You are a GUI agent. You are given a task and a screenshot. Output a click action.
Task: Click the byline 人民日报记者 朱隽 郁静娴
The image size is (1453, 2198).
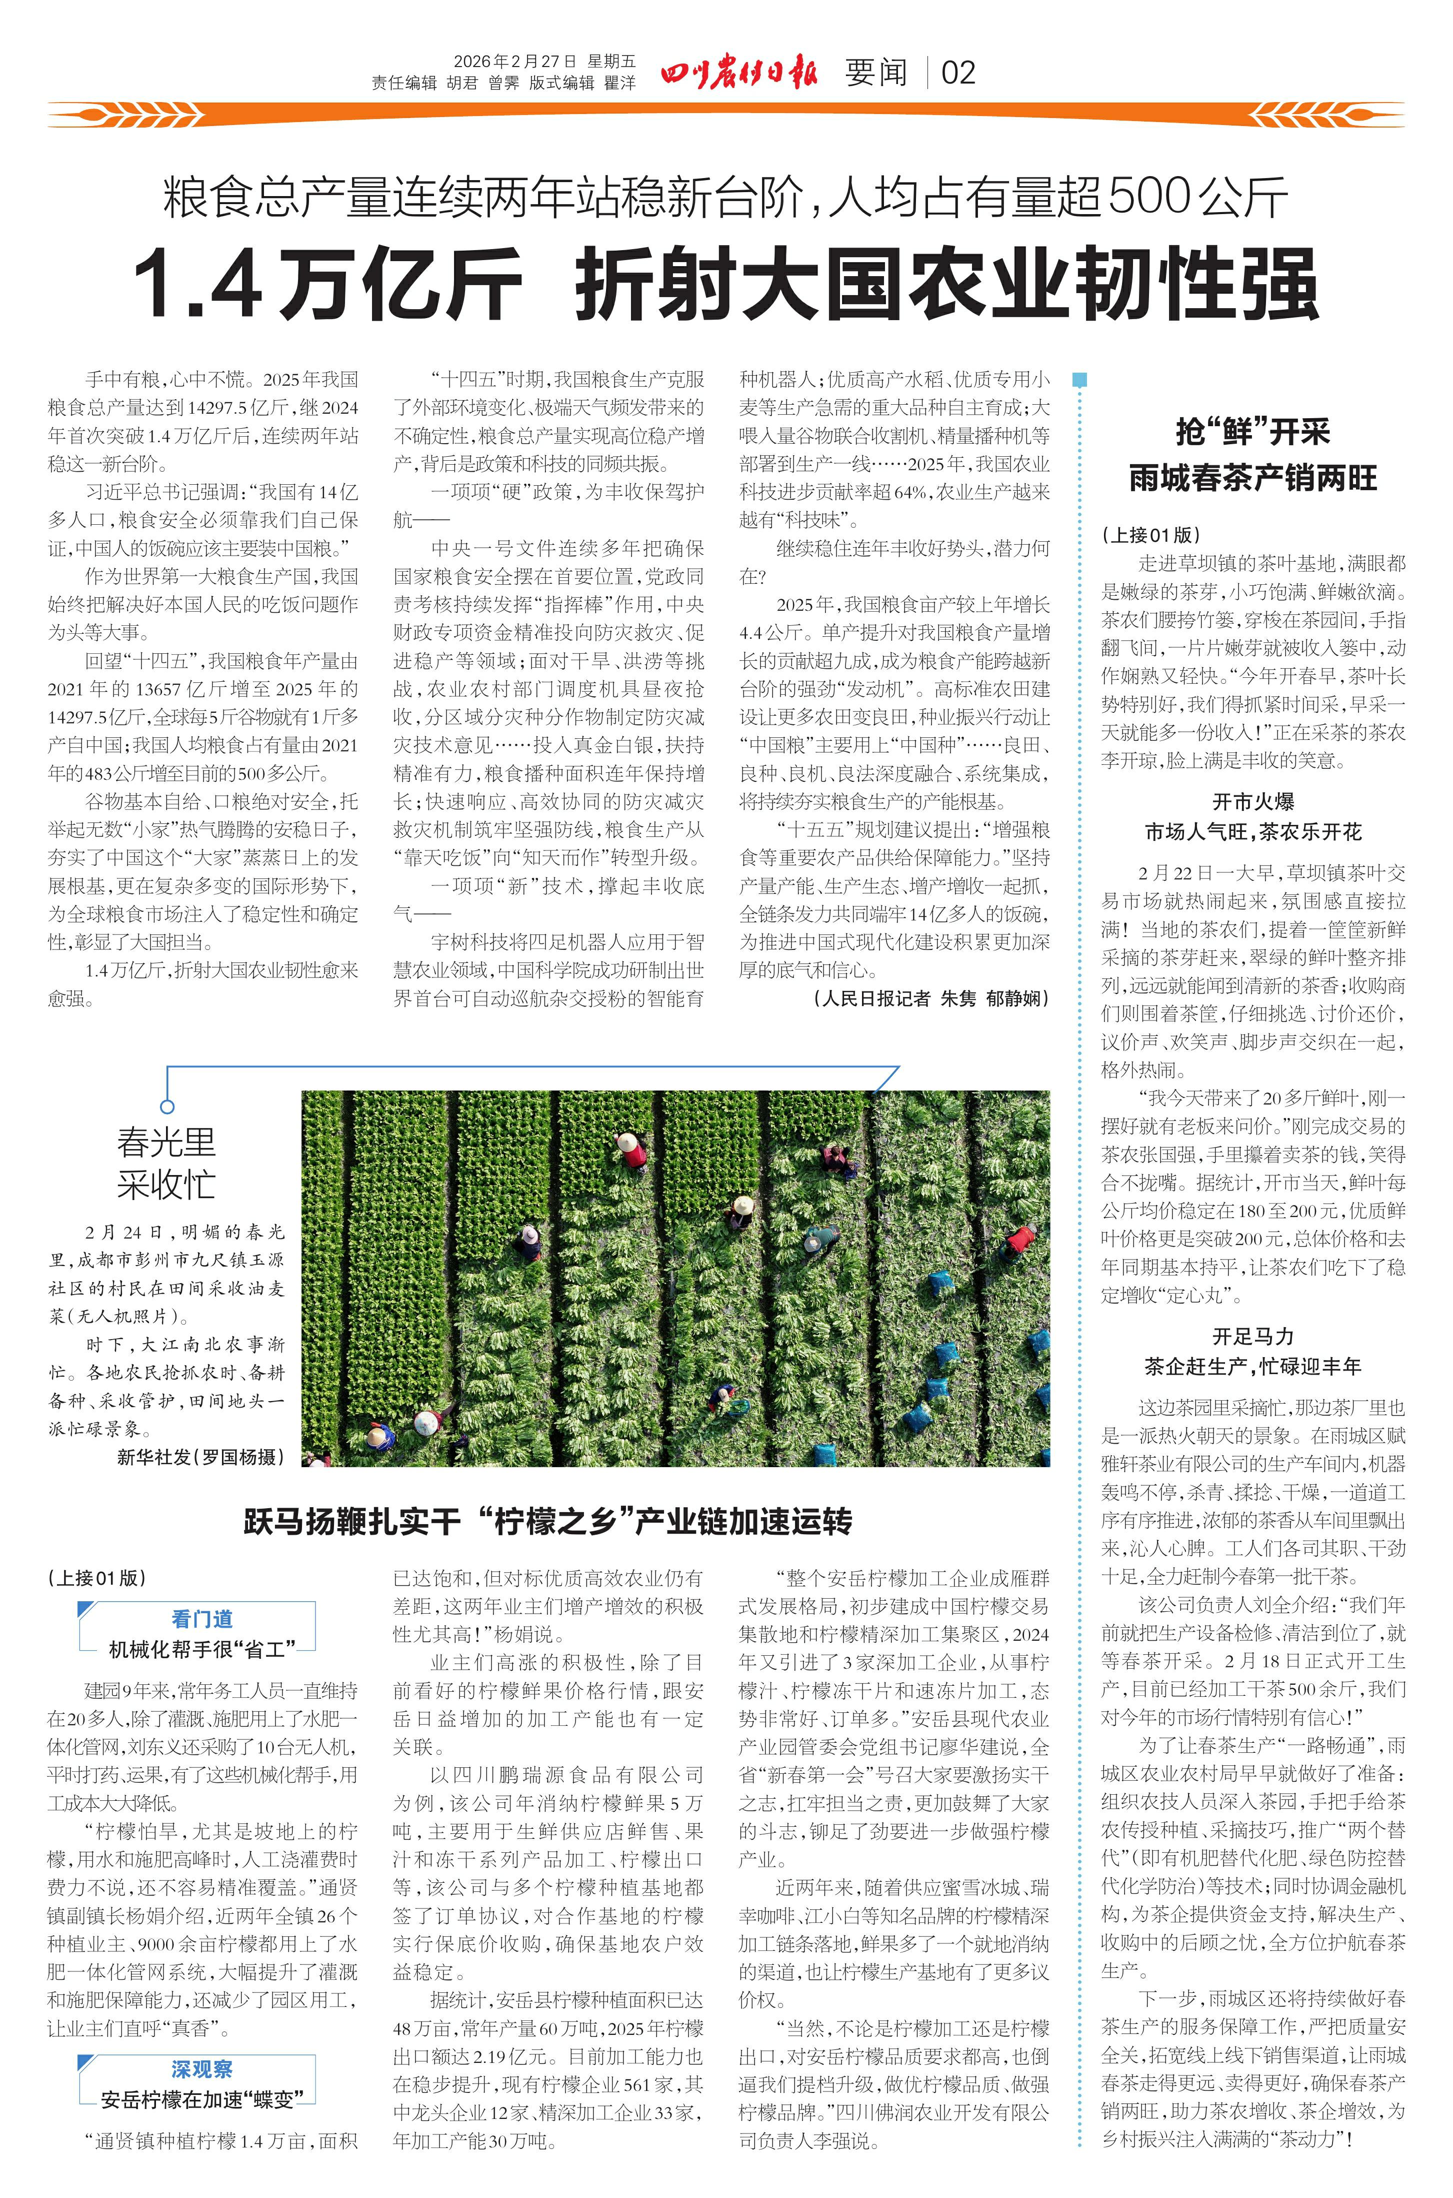[x=932, y=998]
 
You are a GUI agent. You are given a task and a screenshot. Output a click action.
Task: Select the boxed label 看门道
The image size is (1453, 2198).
[x=202, y=1619]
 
